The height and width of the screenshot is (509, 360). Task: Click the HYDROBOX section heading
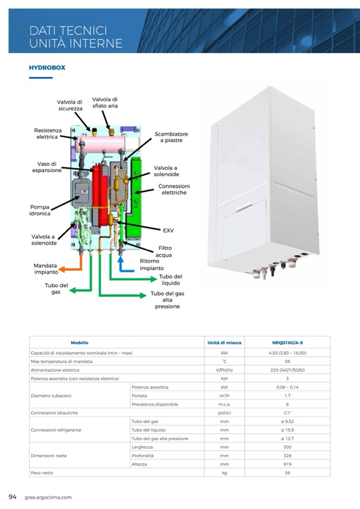point(47,68)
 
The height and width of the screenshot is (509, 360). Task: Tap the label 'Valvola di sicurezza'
point(70,105)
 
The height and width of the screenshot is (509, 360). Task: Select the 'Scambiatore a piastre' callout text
point(171,137)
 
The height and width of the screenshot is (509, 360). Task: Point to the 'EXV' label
point(168,230)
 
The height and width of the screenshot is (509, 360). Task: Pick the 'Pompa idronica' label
point(40,210)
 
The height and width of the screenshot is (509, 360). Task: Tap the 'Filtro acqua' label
point(165,252)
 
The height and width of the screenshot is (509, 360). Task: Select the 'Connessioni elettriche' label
point(174,189)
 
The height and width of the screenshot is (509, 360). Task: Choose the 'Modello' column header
point(80,343)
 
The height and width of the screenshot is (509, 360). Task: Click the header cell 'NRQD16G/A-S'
point(287,343)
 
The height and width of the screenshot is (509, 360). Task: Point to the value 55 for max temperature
point(287,361)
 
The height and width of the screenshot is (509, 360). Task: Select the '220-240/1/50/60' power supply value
point(287,370)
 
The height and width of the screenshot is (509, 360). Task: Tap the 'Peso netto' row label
point(42,472)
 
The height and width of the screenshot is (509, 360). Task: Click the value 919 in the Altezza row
point(287,464)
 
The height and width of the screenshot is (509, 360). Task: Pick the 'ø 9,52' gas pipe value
point(287,421)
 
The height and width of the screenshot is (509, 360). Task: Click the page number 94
point(13,497)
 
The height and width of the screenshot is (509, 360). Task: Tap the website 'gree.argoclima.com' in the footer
point(48,497)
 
